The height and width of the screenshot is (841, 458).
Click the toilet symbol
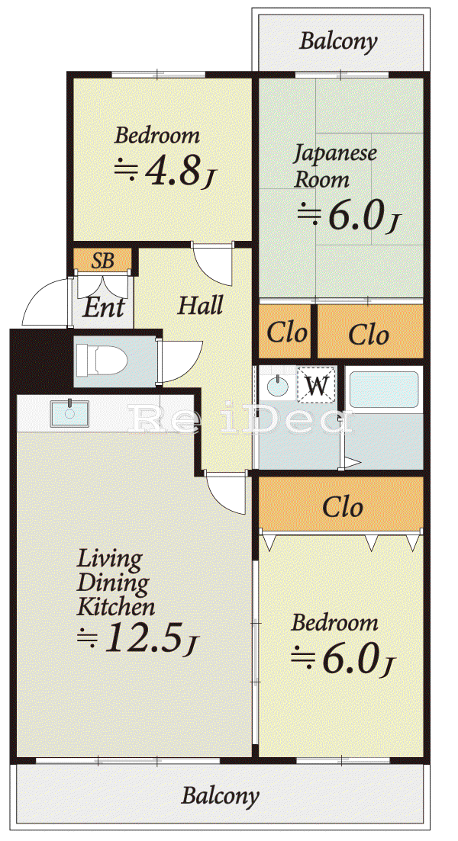101,360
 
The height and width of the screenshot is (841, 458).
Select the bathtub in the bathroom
384,390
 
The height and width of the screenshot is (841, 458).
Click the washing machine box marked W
317,384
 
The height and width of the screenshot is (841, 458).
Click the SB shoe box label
102,261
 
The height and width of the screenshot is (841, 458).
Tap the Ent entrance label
104,307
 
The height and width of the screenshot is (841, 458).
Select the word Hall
200,306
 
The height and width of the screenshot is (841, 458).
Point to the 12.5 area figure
141,636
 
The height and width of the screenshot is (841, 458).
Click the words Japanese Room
335,165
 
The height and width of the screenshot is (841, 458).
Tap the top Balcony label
338,40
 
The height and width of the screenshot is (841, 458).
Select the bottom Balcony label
220,795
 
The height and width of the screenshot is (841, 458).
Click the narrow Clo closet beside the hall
287,332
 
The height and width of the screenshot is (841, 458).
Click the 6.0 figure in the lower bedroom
349,658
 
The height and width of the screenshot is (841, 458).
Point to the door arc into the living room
225,495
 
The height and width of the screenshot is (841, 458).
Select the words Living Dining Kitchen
116,583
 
